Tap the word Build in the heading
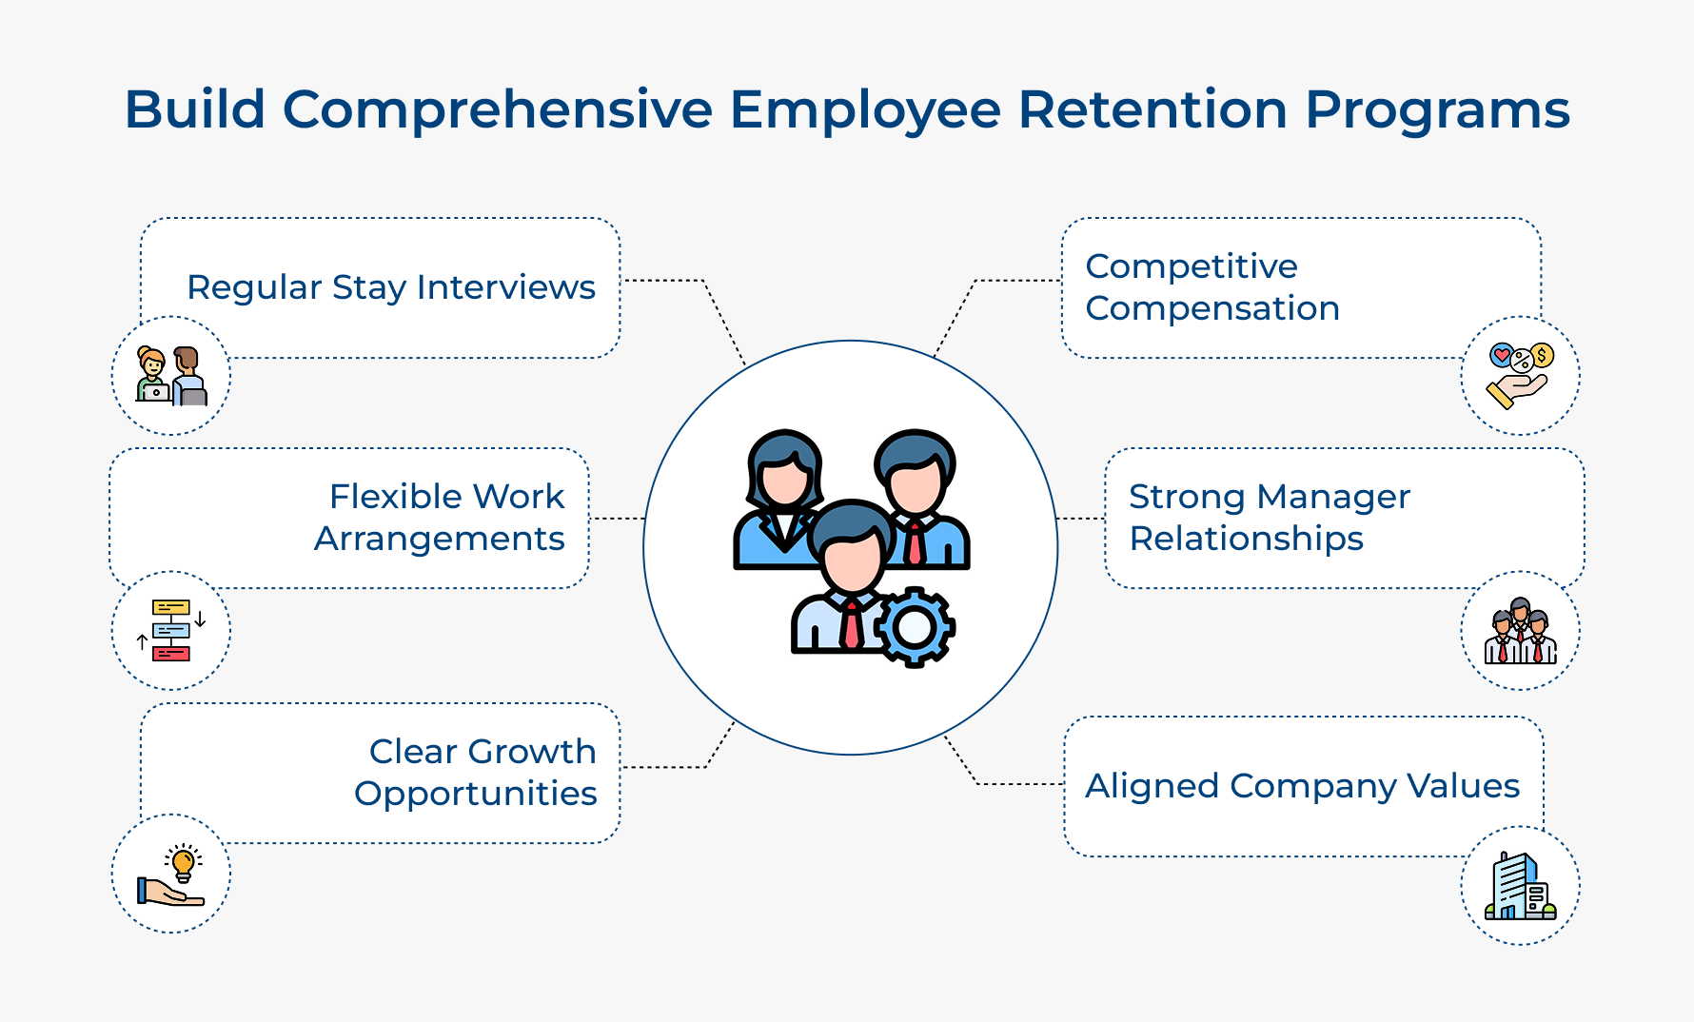[194, 109]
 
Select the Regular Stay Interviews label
[390, 287]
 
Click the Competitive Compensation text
[1211, 287]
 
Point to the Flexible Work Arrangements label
[440, 518]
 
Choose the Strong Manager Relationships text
[1269, 518]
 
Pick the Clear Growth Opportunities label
[475, 773]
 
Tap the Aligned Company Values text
[1302, 786]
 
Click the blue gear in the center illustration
[914, 626]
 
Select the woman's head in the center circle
[783, 471]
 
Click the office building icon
[1520, 886]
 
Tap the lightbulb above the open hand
[183, 862]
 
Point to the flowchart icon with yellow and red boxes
[171, 630]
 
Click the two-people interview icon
[171, 376]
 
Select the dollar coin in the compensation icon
[1542, 356]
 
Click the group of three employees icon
[1520, 632]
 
